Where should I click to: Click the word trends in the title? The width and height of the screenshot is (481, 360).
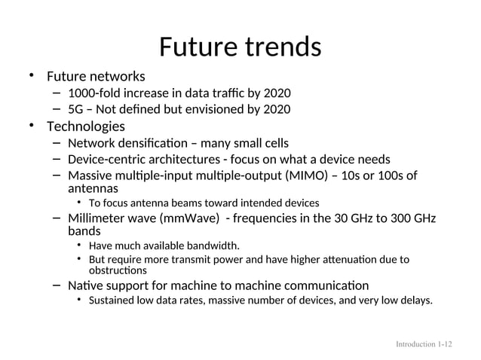tap(283, 47)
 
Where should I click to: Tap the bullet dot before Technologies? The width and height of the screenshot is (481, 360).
tap(32, 125)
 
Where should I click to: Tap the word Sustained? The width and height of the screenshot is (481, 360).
tap(113, 301)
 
